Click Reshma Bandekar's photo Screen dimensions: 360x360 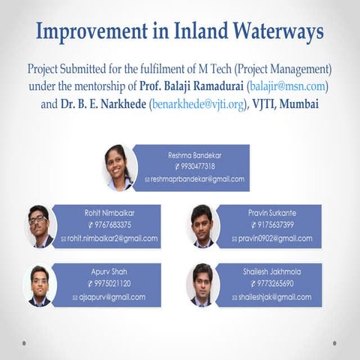(x=121, y=168)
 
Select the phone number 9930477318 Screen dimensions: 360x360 (x=195, y=166)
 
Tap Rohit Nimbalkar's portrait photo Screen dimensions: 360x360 (x=40, y=226)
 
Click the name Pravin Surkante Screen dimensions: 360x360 (x=271, y=213)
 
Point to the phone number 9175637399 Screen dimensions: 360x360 (x=271, y=225)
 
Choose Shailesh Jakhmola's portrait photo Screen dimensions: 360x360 (x=202, y=284)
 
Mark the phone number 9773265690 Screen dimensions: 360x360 (x=271, y=283)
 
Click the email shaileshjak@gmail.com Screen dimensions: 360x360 (x=271, y=297)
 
